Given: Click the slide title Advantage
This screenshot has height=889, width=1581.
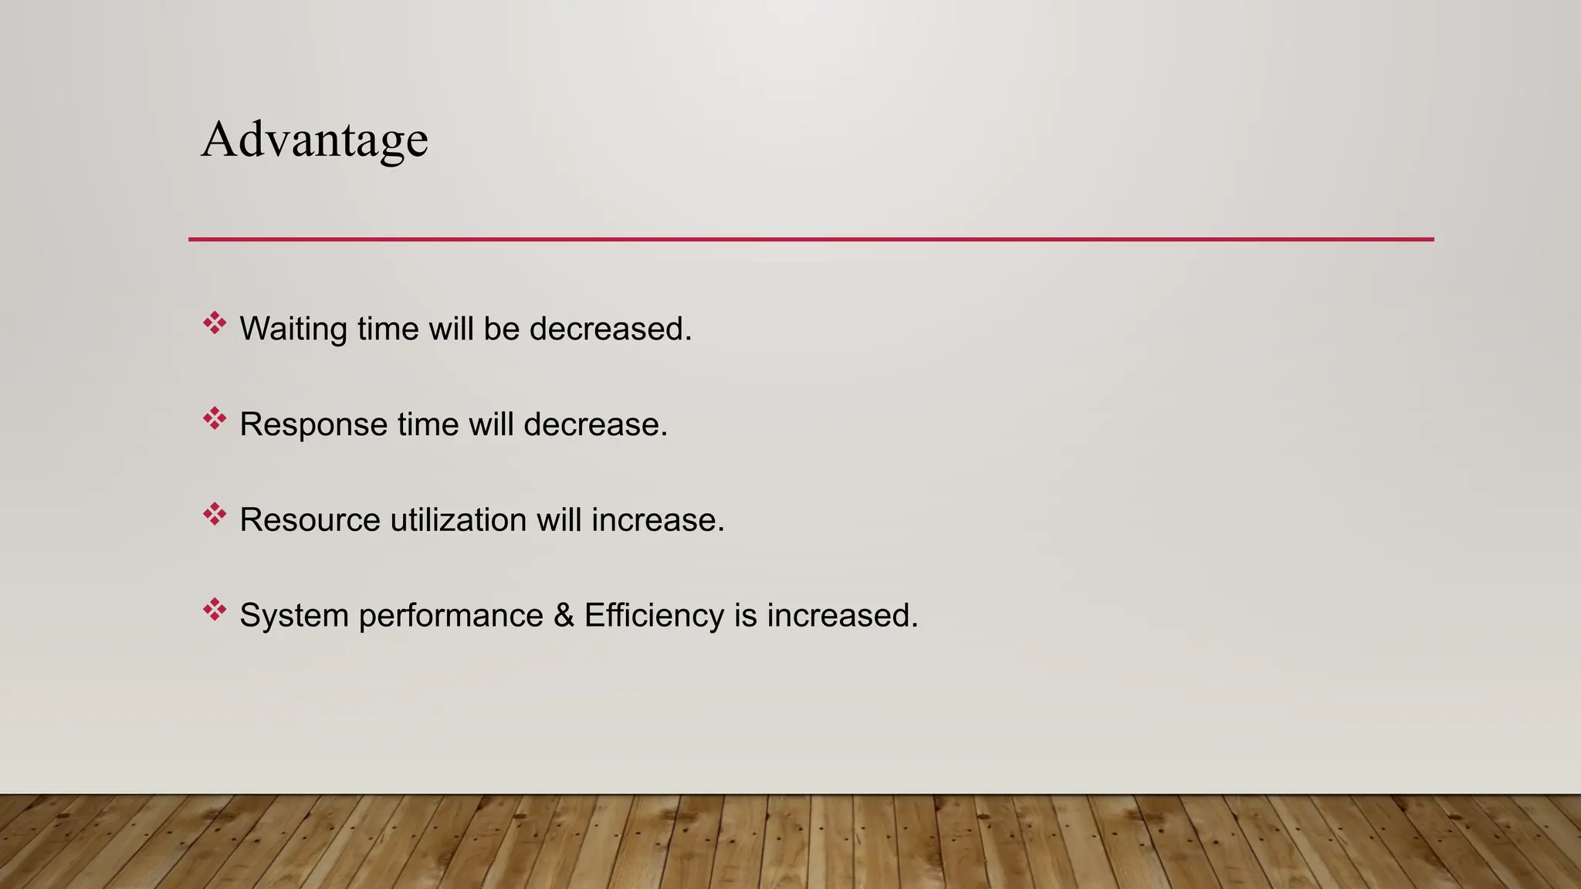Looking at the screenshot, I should pyautogui.click(x=314, y=140).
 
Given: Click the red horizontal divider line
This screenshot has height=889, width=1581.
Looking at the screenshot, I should pyautogui.click(x=811, y=239).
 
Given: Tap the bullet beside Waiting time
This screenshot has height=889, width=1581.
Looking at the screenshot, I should pyautogui.click(x=215, y=323).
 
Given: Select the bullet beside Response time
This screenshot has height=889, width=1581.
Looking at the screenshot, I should pyautogui.click(x=215, y=419).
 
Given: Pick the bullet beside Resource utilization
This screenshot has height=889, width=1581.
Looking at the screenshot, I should pyautogui.click(x=215, y=515).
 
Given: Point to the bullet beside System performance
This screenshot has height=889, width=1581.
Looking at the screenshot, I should pyautogui.click(x=215, y=610).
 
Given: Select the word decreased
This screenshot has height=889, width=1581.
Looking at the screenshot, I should pyautogui.click(x=610, y=330).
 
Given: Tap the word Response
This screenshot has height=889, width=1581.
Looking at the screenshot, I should pyautogui.click(x=313, y=424).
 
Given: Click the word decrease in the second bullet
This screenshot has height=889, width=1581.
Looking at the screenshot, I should pyautogui.click(x=595, y=424).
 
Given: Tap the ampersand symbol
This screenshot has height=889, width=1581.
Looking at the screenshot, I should pyautogui.click(x=564, y=616).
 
